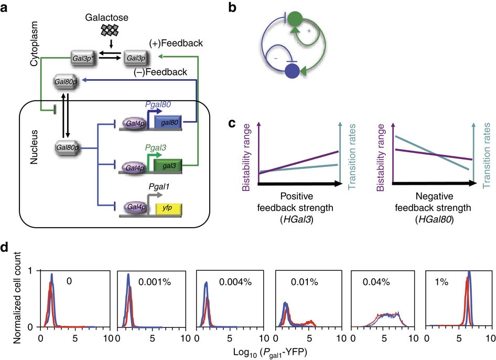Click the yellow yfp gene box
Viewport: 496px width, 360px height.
coord(169,209)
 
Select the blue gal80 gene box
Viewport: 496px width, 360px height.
coord(168,122)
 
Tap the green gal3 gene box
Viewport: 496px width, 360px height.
coord(168,166)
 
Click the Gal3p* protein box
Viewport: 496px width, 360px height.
coord(83,58)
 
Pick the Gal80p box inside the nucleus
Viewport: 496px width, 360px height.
coord(67,147)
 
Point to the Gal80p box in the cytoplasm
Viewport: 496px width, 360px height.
coord(66,82)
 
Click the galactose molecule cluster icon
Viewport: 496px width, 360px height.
coord(110,30)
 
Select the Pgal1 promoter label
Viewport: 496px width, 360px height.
coord(159,187)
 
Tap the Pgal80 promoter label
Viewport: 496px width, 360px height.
coord(158,104)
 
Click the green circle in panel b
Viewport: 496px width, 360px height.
coord(295,19)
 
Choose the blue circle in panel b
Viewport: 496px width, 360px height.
coord(292,71)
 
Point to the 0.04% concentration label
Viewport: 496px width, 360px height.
coord(376,281)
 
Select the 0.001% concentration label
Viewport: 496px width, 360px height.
coord(155,281)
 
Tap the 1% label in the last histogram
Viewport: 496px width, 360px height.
coord(441,281)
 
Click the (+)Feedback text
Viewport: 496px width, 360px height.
coord(176,43)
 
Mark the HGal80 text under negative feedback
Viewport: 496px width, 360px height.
coord(434,219)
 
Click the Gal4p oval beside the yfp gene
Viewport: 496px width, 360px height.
coord(136,207)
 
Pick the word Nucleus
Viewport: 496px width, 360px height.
coord(34,147)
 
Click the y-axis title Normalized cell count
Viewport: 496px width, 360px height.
coord(17,298)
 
